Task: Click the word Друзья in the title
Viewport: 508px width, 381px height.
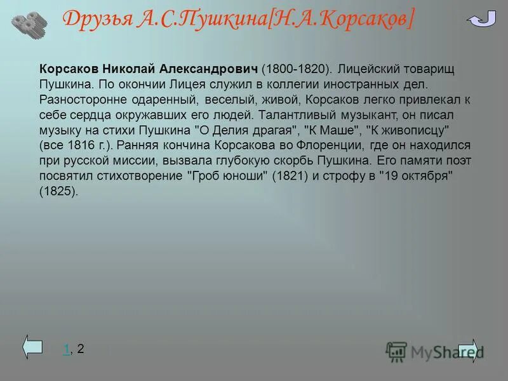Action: pos(96,20)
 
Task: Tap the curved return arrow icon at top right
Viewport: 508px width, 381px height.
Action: pos(481,20)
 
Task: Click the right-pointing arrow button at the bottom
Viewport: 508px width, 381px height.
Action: pos(470,348)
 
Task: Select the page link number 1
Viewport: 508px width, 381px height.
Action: pos(66,348)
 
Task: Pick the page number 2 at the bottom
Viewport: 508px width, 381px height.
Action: pos(80,348)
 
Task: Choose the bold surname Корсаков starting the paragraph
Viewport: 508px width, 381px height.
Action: pos(66,68)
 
